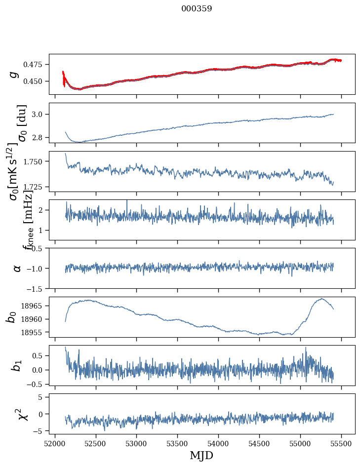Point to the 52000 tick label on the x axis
point(55,442)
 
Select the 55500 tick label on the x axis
point(342,442)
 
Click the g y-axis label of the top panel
point(14,74)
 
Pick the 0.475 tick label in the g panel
point(34,65)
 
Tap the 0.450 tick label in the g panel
point(34,81)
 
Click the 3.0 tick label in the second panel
point(38,115)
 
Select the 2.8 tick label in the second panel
point(38,137)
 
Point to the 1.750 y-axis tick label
point(34,161)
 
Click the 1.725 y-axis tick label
point(34,187)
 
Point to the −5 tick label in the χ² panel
point(39,431)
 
